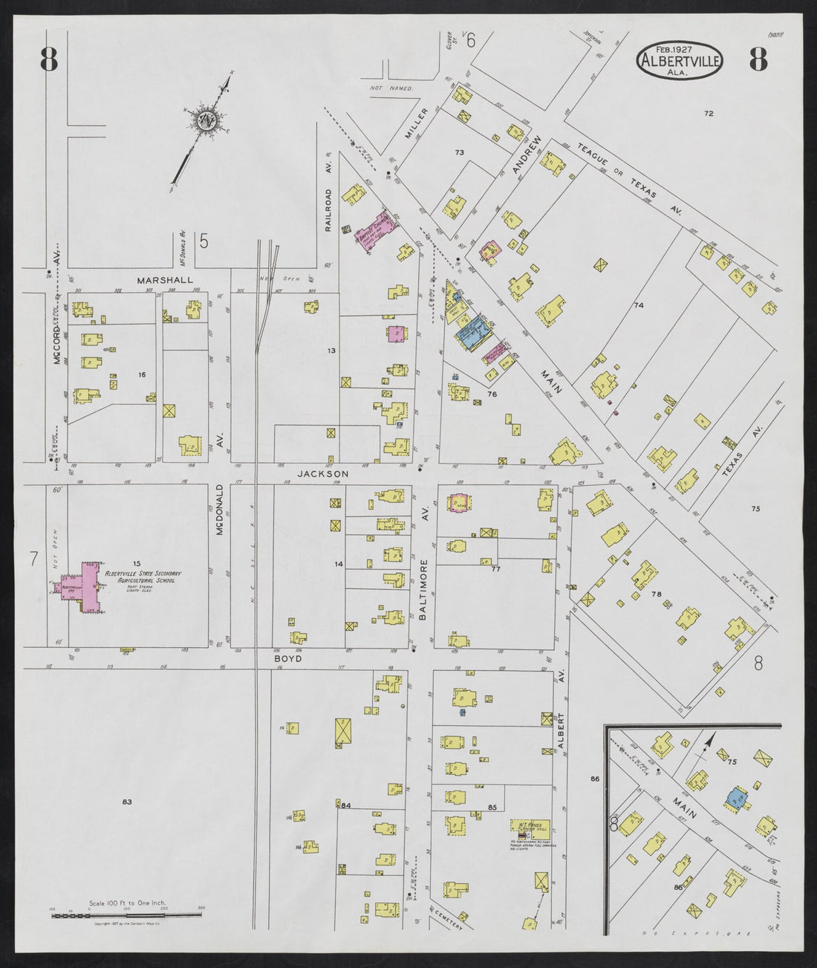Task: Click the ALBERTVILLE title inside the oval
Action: (x=679, y=61)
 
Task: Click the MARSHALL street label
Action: (x=164, y=280)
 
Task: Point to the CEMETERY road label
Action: (x=446, y=920)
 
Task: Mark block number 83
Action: (x=127, y=802)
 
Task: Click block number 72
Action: (x=709, y=113)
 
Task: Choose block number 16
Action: (x=141, y=374)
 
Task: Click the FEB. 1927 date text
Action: (x=670, y=47)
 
